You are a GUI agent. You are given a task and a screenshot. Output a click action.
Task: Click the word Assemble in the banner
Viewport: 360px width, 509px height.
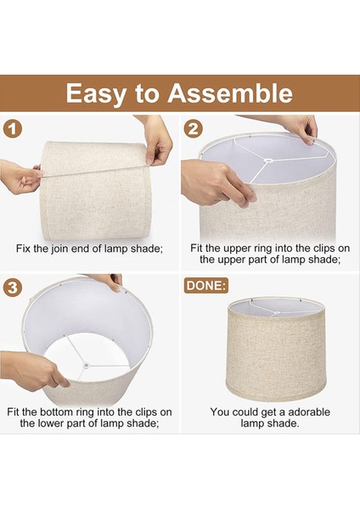pyautogui.click(x=230, y=93)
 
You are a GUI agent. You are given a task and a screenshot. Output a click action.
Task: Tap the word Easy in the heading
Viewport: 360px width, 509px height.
pyautogui.click(x=96, y=94)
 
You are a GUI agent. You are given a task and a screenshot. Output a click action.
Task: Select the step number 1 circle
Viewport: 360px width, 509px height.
pyautogui.click(x=13, y=130)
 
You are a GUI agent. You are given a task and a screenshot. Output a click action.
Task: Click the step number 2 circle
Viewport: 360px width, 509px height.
pyautogui.click(x=194, y=129)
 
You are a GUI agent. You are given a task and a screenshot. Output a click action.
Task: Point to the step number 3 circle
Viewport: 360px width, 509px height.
pyautogui.click(x=13, y=288)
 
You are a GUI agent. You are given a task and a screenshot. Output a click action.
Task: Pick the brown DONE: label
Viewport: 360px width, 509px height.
pyautogui.click(x=206, y=286)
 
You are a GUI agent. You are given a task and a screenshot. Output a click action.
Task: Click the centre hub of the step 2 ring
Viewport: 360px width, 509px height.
pyautogui.click(x=267, y=160)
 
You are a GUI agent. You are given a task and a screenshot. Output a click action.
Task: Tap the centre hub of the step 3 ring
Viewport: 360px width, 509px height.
pyautogui.click(x=86, y=366)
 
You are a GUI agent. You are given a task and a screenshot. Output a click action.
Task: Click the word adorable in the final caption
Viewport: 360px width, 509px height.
pyautogui.click(x=309, y=412)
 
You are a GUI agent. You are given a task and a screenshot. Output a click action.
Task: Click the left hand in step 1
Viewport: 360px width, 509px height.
pyautogui.click(x=20, y=177)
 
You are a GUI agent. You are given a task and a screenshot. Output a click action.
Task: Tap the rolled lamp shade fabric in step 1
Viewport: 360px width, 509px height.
pyautogui.click(x=96, y=191)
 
